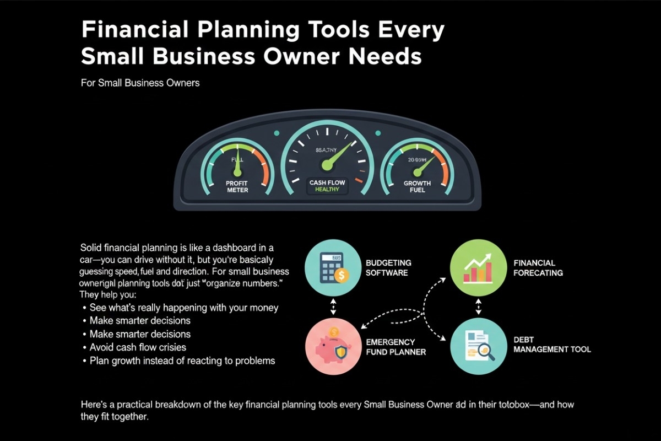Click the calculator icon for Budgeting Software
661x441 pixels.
point(333,268)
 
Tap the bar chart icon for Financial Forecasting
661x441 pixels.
point(477,268)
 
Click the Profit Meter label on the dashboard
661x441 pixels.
point(237,186)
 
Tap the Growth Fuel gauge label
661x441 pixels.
point(417,186)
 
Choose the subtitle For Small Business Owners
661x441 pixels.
point(140,83)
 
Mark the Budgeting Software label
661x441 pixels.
point(388,268)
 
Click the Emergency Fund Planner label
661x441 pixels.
point(395,347)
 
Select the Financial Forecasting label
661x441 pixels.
point(538,268)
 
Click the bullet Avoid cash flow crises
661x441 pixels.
point(138,347)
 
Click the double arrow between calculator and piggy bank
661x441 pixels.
point(333,308)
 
